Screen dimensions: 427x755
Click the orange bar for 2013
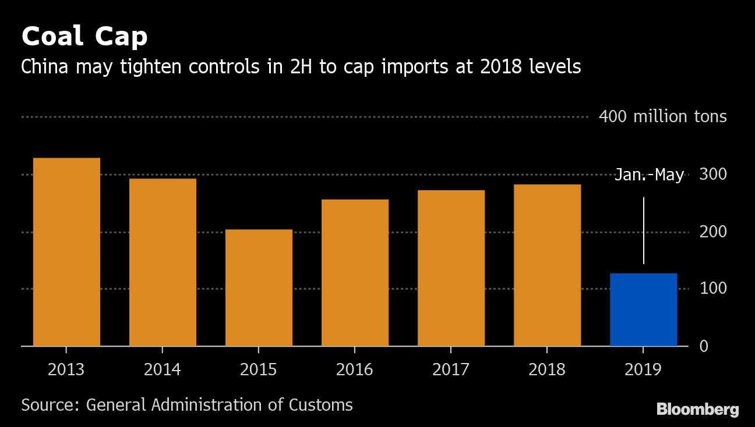coord(66,252)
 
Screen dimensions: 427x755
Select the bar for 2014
coord(163,262)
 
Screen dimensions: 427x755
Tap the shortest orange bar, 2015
coord(259,287)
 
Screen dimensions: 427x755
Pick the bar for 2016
coord(355,272)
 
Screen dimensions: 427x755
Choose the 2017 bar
coord(451,268)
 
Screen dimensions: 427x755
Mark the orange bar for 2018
coord(547,265)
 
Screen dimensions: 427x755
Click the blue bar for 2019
coord(643,309)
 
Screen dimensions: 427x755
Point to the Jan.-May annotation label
coord(649,175)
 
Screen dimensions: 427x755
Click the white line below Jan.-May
coord(644,230)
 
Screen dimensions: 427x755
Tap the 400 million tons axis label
coord(662,117)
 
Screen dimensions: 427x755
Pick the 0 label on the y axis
coord(704,346)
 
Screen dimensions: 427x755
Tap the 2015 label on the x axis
coord(259,370)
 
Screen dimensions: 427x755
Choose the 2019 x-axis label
coord(643,370)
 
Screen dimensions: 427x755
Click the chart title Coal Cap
coord(84,37)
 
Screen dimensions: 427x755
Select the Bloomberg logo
coord(697,410)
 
